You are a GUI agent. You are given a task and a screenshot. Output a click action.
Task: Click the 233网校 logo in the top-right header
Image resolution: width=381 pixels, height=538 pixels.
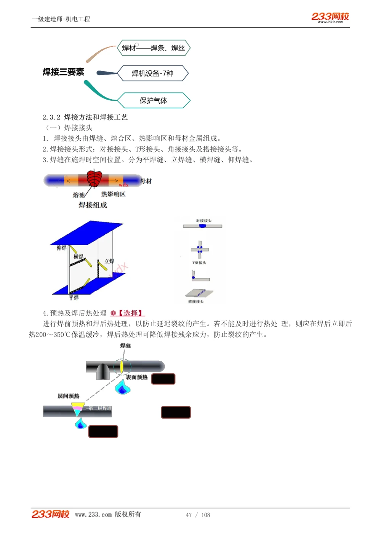pos(330,17)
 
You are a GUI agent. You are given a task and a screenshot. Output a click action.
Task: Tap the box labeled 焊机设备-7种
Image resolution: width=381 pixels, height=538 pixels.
pos(153,73)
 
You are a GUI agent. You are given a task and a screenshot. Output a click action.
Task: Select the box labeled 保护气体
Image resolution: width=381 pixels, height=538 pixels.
pos(154,101)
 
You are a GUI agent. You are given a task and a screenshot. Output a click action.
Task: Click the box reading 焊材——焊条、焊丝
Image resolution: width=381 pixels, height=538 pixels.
pos(154,48)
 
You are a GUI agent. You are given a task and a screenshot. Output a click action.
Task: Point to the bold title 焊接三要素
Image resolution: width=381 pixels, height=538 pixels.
pos(63,72)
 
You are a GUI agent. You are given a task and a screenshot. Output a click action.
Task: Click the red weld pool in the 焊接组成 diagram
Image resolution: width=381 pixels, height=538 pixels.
pos(94,179)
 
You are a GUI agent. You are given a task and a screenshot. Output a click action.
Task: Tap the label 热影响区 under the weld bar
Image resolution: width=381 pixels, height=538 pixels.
pos(113,194)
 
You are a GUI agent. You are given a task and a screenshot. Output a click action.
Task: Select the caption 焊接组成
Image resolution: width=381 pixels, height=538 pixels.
pos(93,205)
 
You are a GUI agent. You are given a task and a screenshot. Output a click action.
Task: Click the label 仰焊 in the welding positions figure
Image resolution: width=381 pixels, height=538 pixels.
pos(61,248)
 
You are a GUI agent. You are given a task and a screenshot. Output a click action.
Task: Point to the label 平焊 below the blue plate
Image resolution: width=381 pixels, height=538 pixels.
pos(74,297)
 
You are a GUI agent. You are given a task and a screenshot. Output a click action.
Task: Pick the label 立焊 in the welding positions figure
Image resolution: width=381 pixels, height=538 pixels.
pos(109,261)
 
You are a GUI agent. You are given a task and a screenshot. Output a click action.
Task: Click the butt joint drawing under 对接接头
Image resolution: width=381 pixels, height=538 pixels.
pos(202,226)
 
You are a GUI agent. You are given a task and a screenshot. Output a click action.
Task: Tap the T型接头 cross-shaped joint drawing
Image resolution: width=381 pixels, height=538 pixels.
pos(200,249)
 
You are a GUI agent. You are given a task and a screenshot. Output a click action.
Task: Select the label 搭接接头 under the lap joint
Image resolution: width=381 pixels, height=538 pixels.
pos(196,302)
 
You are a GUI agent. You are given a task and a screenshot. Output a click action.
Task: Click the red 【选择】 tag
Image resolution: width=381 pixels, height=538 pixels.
pos(131,313)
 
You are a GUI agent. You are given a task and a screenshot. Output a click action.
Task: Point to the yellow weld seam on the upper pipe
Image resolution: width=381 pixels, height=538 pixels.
pos(122,367)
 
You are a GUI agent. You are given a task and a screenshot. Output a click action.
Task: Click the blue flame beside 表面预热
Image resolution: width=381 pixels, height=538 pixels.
pos(122,387)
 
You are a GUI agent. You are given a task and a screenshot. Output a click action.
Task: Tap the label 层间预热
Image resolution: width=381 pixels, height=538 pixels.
pos(68,396)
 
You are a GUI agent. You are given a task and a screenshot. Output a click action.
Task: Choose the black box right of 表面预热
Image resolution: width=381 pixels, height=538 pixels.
pos(163,379)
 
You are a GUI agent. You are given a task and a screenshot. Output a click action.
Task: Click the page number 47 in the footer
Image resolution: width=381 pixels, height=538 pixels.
pos(189,515)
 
